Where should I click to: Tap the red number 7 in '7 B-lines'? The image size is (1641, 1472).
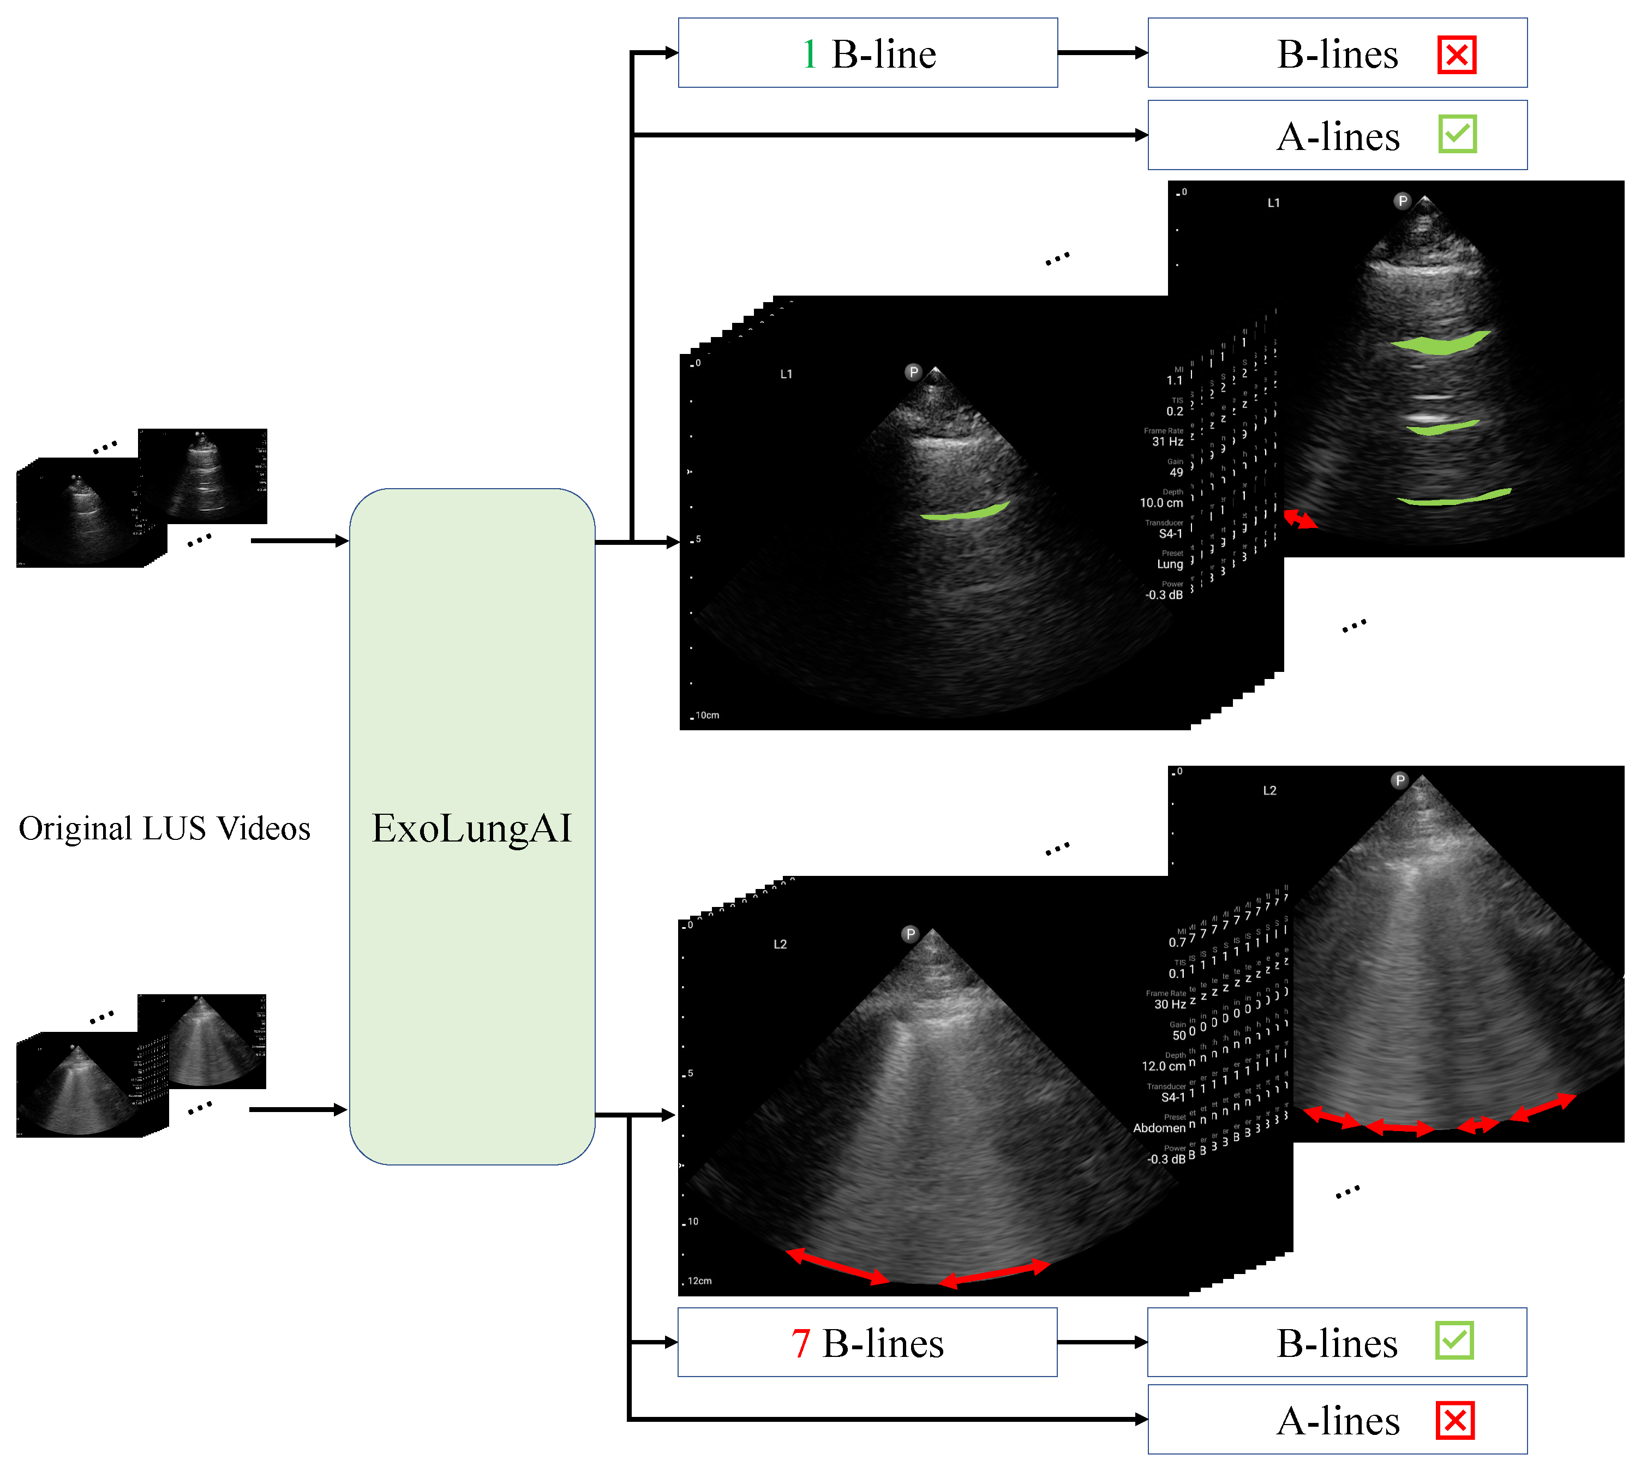point(800,1343)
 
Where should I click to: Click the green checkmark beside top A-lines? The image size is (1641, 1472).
point(1457,134)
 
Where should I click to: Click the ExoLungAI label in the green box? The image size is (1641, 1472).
point(472,828)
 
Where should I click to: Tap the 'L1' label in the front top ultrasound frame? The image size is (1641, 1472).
point(786,375)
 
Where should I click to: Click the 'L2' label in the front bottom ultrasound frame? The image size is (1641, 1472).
point(780,944)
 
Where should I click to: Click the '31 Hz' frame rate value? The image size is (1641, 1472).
point(1167,442)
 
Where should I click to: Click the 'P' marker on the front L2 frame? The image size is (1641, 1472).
point(911,934)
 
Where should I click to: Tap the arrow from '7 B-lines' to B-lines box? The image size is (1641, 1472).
point(1102,1342)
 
